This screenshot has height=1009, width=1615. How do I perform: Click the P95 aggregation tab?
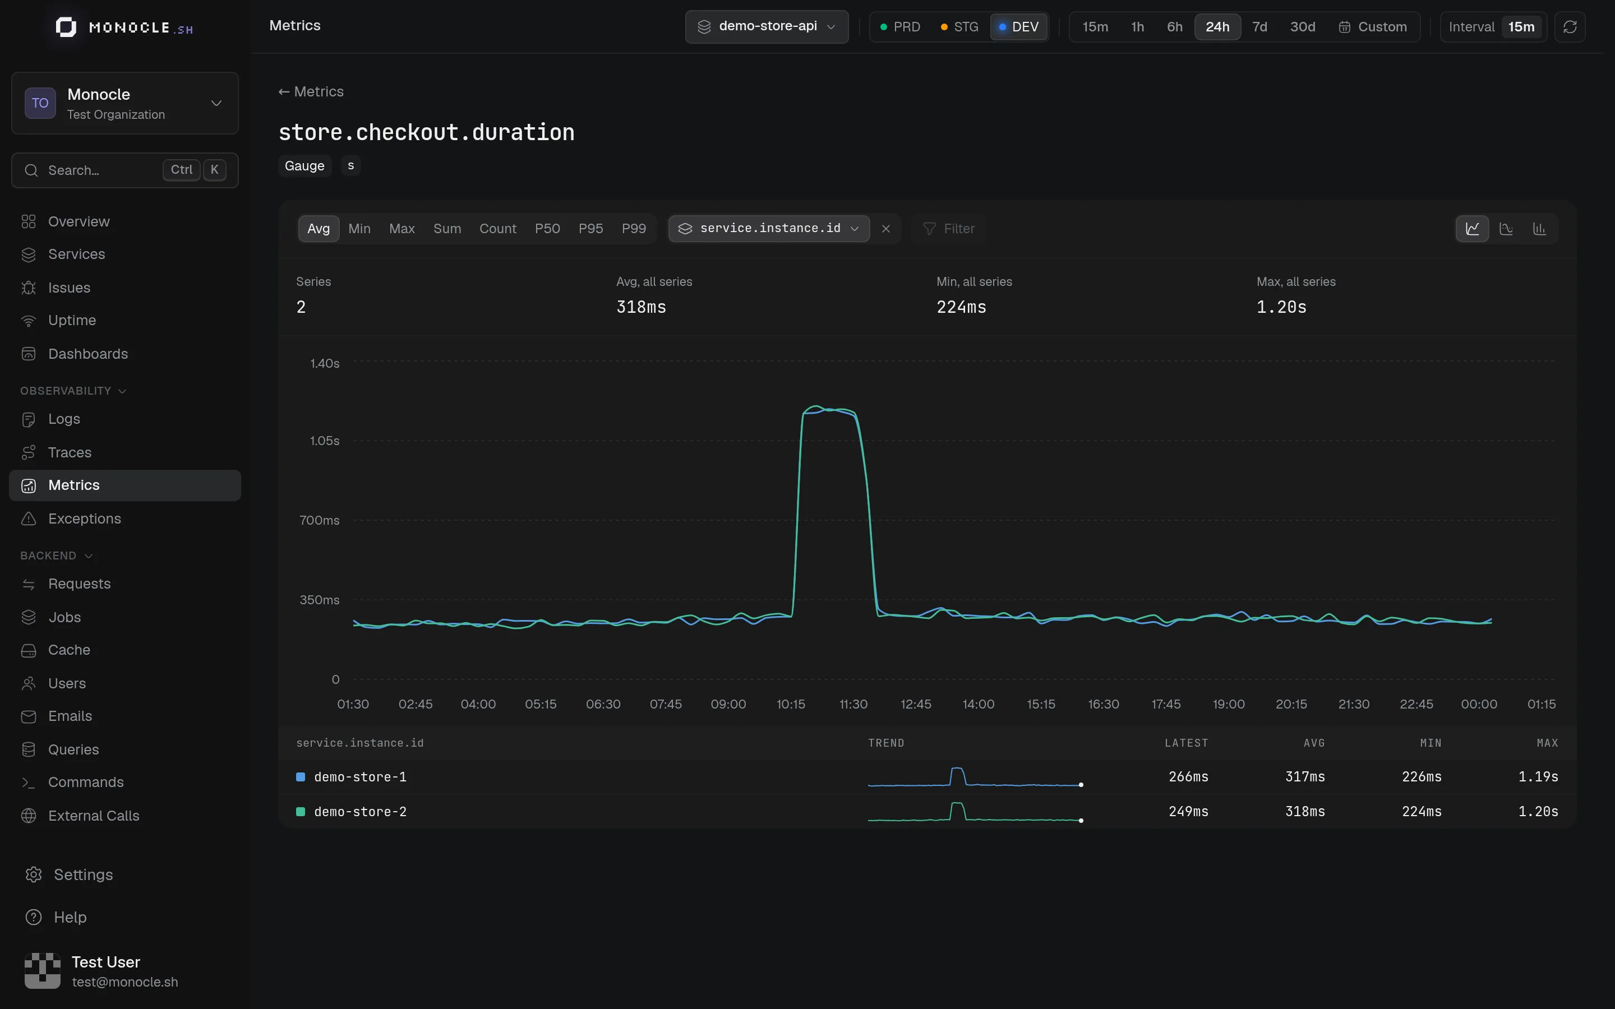pos(590,228)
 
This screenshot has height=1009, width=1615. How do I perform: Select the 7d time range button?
pos(1259,27)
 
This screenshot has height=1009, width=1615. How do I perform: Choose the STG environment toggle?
pos(959,27)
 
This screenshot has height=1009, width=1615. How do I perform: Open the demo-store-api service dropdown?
pos(767,27)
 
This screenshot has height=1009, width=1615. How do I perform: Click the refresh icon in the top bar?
pos(1570,27)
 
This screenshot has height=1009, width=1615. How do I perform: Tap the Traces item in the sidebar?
pos(70,452)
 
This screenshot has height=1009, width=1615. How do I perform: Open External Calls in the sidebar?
pos(94,816)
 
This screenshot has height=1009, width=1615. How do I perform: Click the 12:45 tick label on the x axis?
pos(916,704)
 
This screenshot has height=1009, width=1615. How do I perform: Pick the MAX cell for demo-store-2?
pos(1538,812)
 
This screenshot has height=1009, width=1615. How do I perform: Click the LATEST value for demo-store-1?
pos(1189,777)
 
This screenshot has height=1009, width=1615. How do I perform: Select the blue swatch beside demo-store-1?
pos(301,777)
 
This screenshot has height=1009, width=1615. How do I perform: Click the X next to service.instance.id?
pos(885,229)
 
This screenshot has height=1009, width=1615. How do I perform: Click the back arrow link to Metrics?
pos(311,91)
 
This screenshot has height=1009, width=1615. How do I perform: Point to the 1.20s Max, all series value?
pos(1281,307)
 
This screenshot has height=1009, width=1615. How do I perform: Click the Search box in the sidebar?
pos(125,170)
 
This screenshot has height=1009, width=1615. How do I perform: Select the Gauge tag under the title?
pos(304,165)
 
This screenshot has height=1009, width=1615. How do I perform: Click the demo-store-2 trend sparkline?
pos(975,812)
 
